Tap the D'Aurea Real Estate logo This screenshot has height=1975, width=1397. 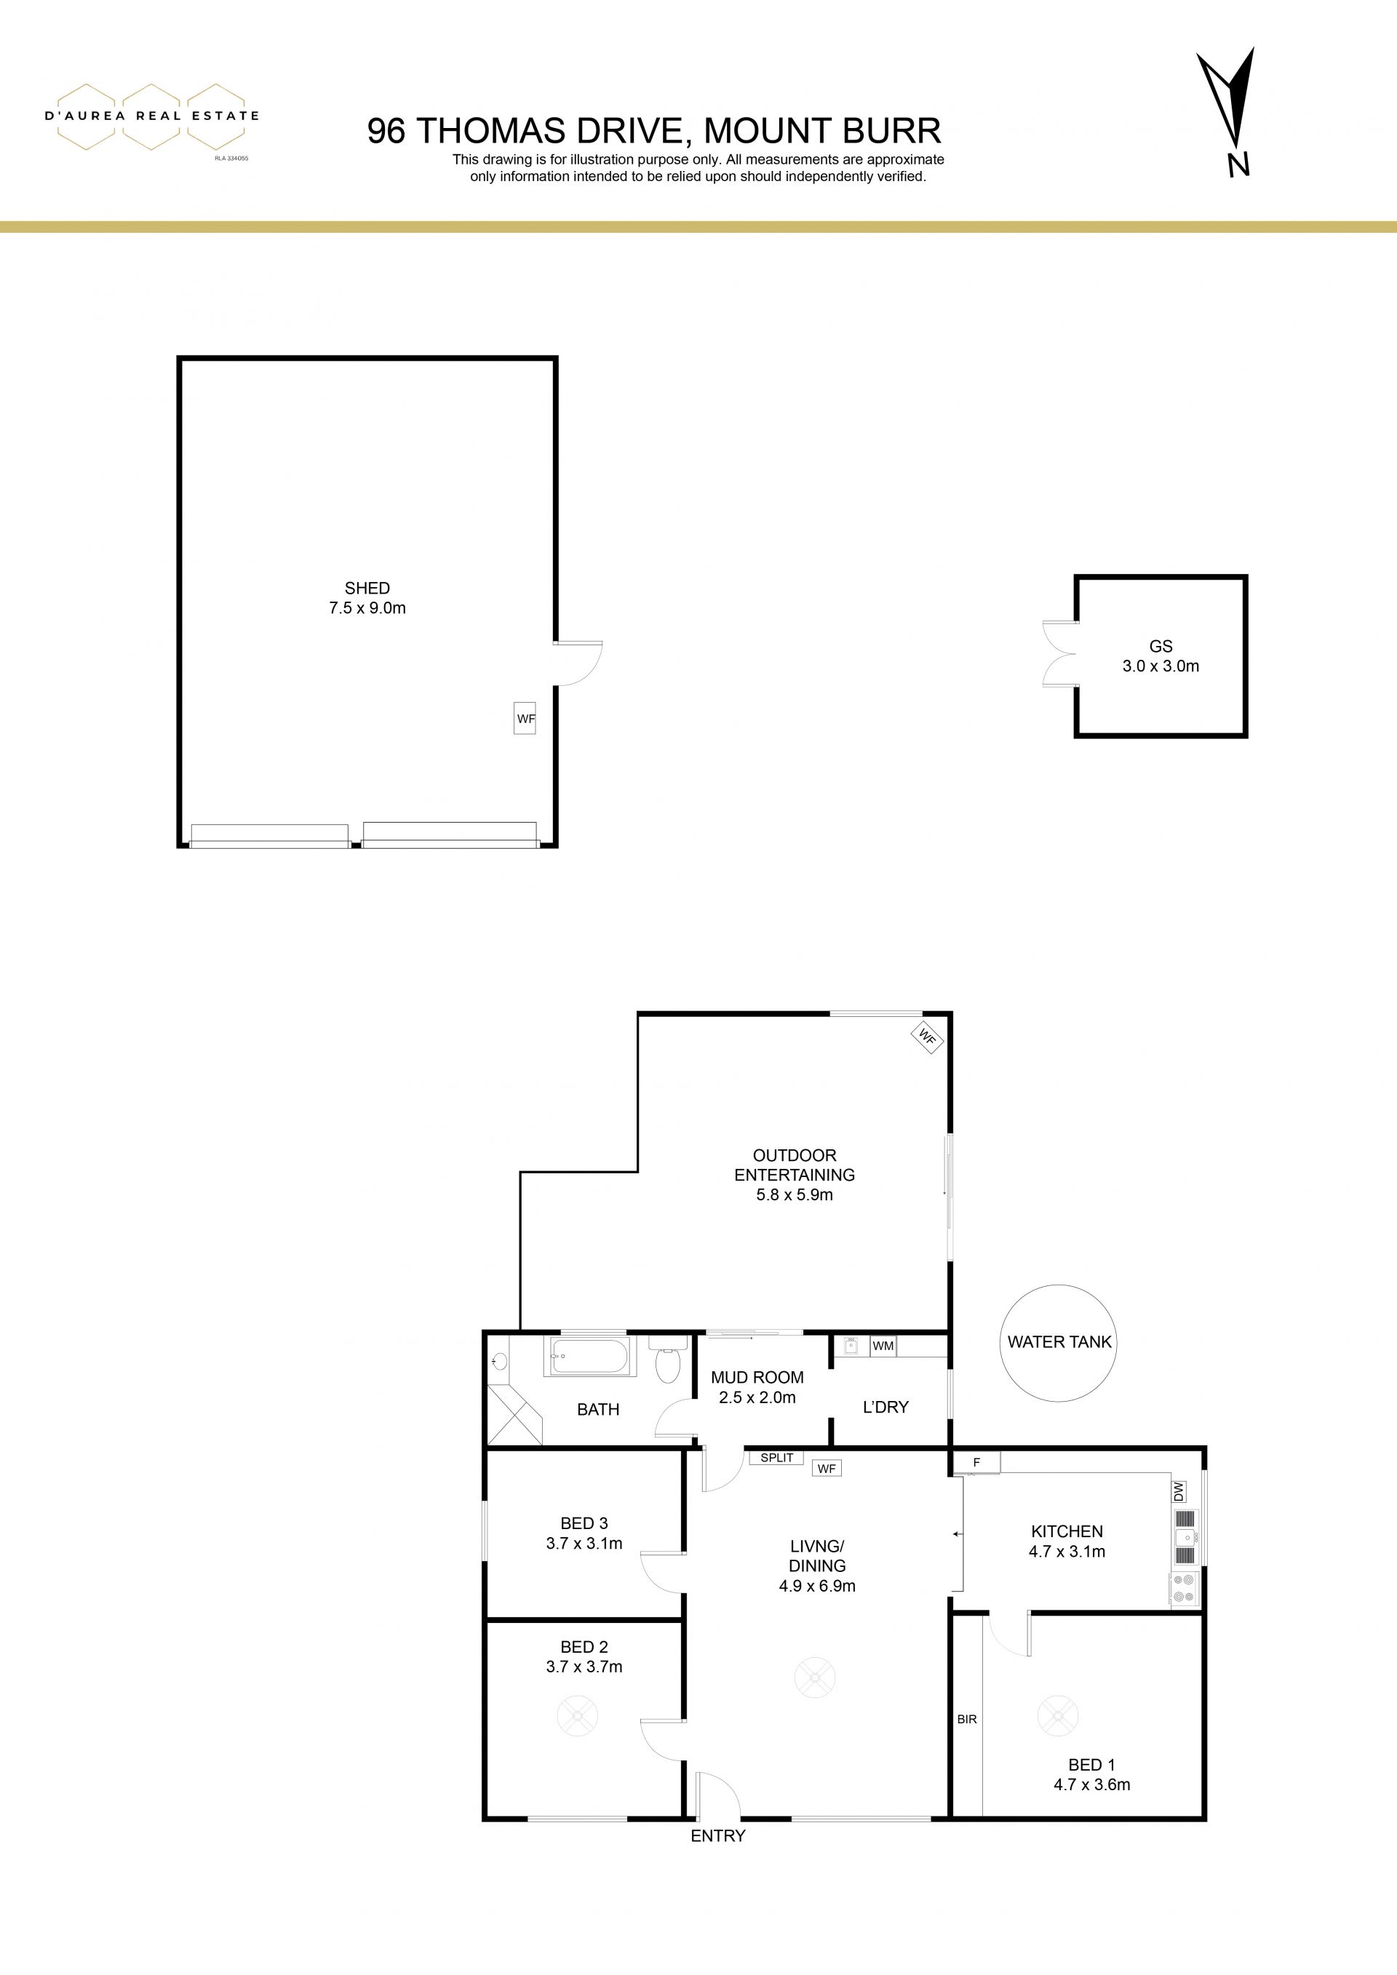151,118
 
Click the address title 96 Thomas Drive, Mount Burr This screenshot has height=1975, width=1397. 654,131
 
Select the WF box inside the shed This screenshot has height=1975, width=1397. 525,717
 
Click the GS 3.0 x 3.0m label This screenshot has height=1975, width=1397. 1161,655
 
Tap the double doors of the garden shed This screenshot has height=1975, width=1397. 1059,654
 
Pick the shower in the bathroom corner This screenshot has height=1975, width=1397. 515,1413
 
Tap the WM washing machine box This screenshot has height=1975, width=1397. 883,1345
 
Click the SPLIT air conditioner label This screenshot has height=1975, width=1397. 777,1457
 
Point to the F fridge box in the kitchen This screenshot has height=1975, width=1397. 976,1461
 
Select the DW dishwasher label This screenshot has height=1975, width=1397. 1179,1491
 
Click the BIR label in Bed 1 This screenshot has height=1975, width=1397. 967,1719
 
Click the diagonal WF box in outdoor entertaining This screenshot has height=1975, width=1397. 927,1038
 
